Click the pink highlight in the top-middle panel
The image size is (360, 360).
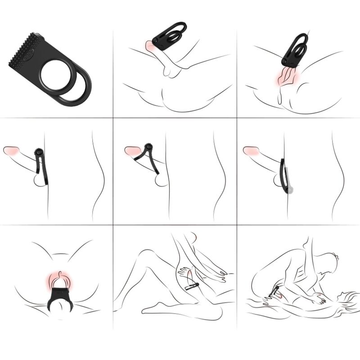tap(150, 45)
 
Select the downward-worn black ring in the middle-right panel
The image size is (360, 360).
tap(284, 175)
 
